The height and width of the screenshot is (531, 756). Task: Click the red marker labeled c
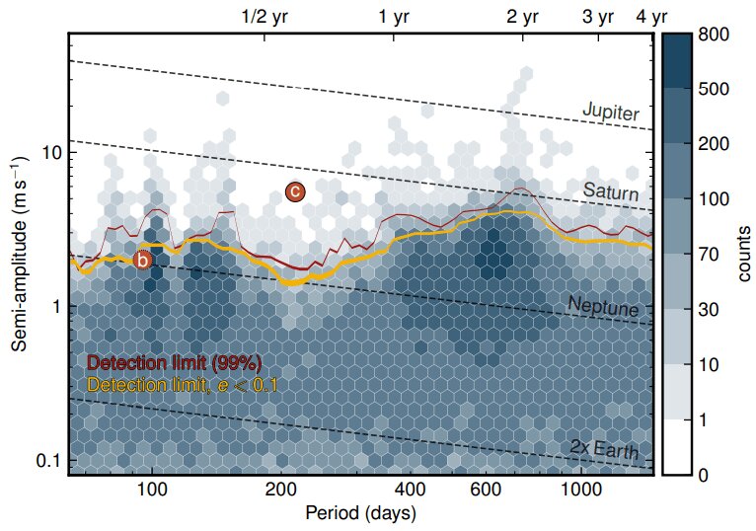point(294,192)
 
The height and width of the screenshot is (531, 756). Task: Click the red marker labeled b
point(143,261)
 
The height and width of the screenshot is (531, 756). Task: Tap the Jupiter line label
point(610,112)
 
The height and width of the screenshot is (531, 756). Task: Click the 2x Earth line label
point(604,450)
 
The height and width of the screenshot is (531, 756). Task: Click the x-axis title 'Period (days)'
point(360,514)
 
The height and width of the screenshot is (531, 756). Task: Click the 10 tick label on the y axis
point(52,153)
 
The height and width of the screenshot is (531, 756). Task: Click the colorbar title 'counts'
point(745,255)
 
